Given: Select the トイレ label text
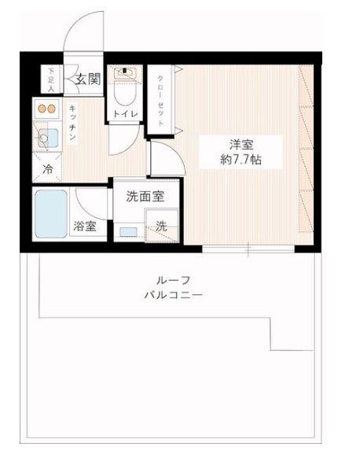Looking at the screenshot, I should pos(126,114).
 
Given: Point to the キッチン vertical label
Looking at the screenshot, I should pos(72,123).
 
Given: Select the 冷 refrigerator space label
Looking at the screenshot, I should pos(48,168).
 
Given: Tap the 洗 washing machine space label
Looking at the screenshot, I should pos(160,226).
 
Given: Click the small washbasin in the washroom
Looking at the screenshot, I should pos(127,231).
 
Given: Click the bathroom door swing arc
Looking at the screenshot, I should pos(90,197).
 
